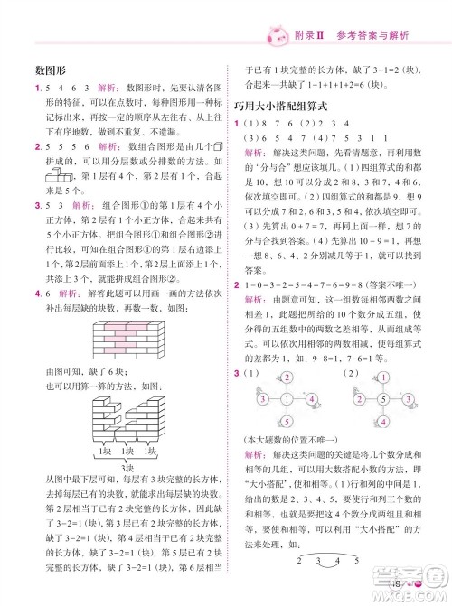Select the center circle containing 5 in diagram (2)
pyautogui.click(x=385, y=374)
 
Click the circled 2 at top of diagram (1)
pyautogui.click(x=284, y=353)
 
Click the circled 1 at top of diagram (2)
pyautogui.click(x=385, y=353)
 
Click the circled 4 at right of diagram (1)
pyautogui.click(x=310, y=374)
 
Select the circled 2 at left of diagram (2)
pyautogui.click(x=360, y=374)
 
